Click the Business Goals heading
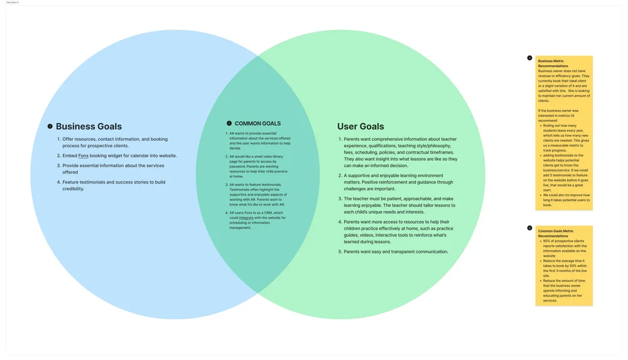89,126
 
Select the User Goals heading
360,126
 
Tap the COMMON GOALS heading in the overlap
257,124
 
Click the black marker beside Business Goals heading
50,126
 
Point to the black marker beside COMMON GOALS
229,124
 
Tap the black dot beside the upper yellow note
529,58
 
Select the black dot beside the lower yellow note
529,228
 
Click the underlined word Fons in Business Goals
84,156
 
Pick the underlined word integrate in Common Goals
246,217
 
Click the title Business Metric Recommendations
553,63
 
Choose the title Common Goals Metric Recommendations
556,233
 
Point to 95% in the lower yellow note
547,241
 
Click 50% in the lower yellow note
573,266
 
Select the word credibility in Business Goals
73,188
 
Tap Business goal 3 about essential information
113,169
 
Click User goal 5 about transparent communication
396,252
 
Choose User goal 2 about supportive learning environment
398,182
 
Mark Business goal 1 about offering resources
115,143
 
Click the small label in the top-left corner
12,3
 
